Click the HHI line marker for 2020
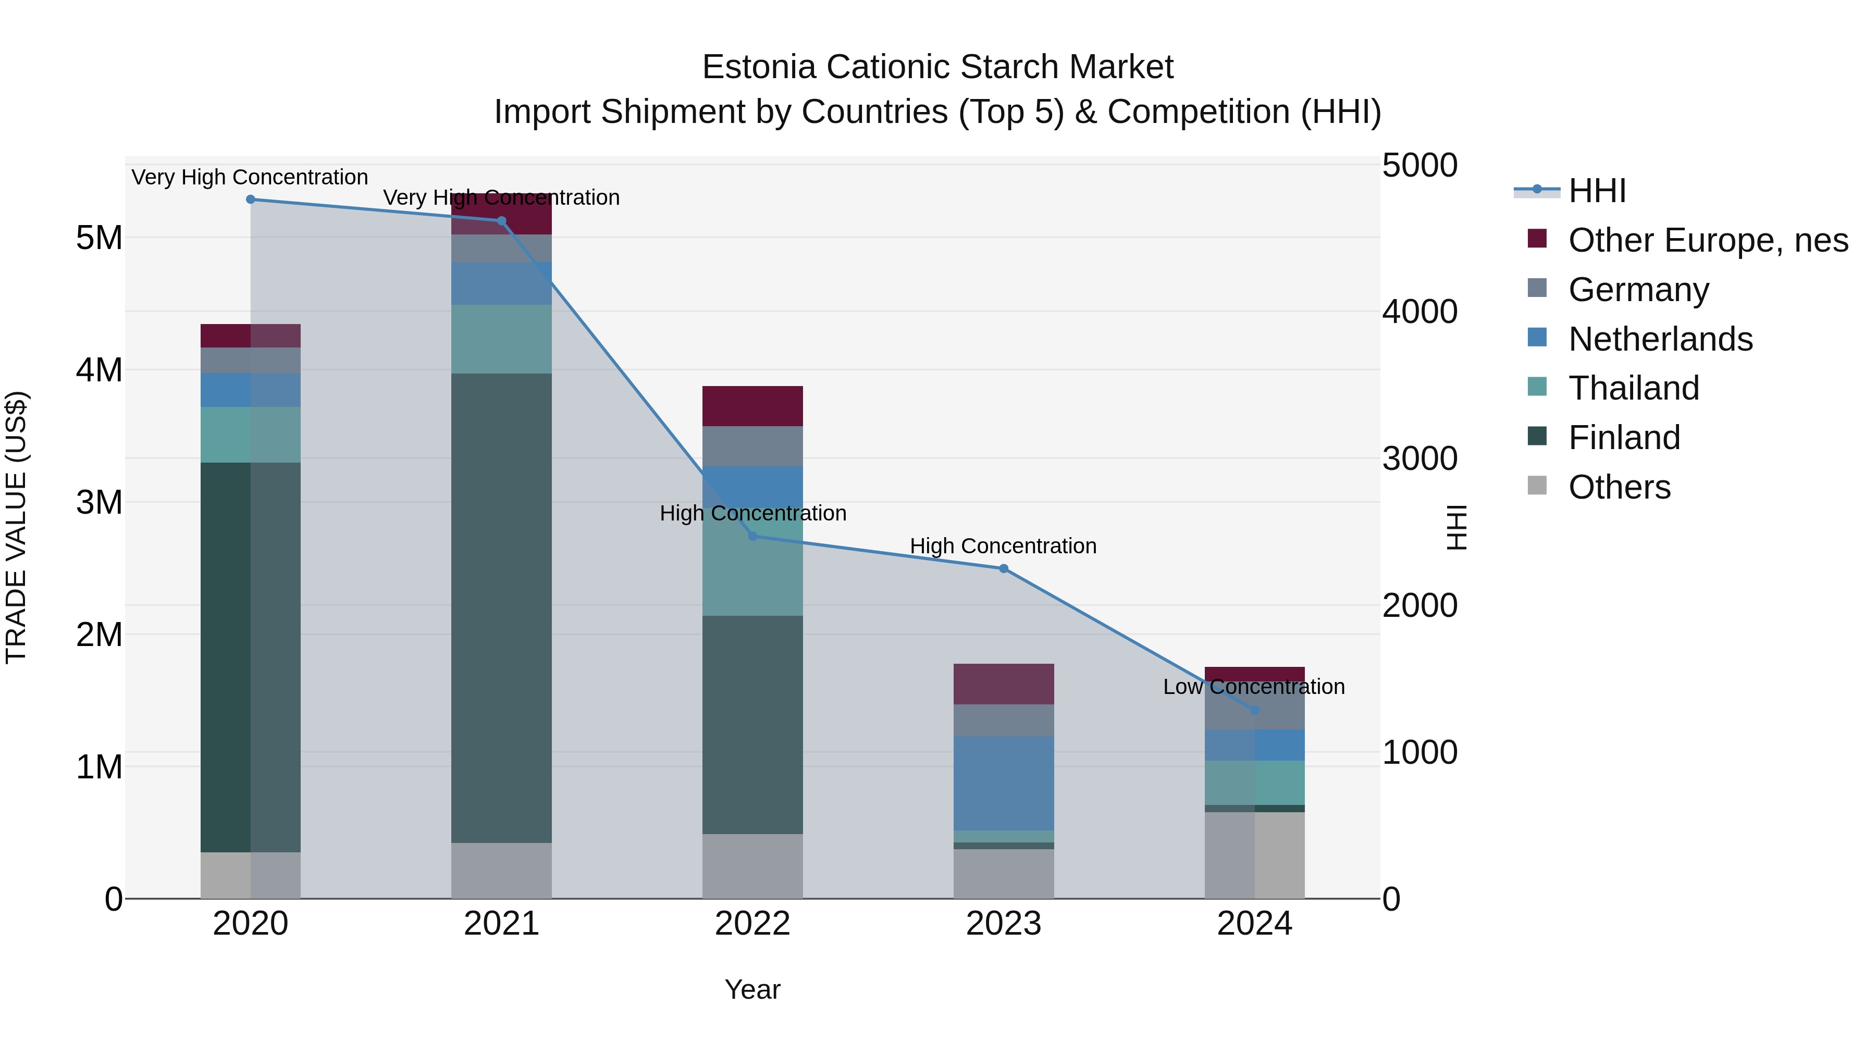click(251, 199)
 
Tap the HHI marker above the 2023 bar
click(1004, 568)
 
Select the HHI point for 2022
click(753, 536)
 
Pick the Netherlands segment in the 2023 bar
click(1004, 783)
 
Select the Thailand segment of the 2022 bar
click(752, 575)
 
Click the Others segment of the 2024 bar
click(1254, 855)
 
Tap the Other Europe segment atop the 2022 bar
click(752, 405)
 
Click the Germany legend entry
click(1638, 290)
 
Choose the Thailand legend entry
click(1634, 388)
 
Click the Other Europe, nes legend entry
click(1707, 240)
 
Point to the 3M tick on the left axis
click(99, 502)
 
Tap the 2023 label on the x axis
click(1004, 924)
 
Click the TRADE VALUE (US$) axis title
click(16, 528)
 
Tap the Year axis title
click(752, 989)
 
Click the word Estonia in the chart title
click(758, 67)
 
